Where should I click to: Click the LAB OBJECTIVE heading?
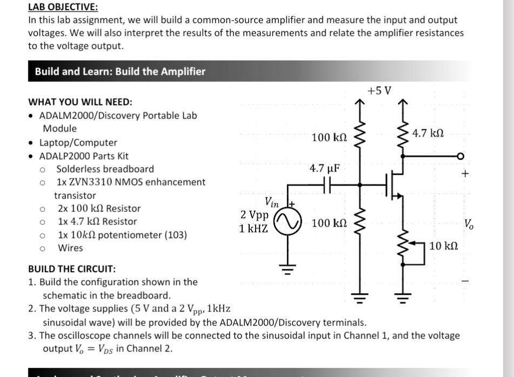point(63,7)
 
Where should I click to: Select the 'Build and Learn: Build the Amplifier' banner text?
point(120,71)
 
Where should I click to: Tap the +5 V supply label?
point(379,90)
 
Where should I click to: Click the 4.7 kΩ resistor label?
point(428,133)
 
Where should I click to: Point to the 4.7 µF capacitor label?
point(324,168)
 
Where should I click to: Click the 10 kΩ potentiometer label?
point(444,246)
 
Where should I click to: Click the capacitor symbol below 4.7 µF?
point(325,184)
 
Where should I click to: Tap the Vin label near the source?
point(271,203)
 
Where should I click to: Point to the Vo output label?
point(469,223)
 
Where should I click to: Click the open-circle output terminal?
point(460,156)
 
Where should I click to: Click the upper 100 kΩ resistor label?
point(329,138)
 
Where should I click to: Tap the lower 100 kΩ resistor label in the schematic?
point(329,222)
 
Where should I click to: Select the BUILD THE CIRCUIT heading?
point(72,269)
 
